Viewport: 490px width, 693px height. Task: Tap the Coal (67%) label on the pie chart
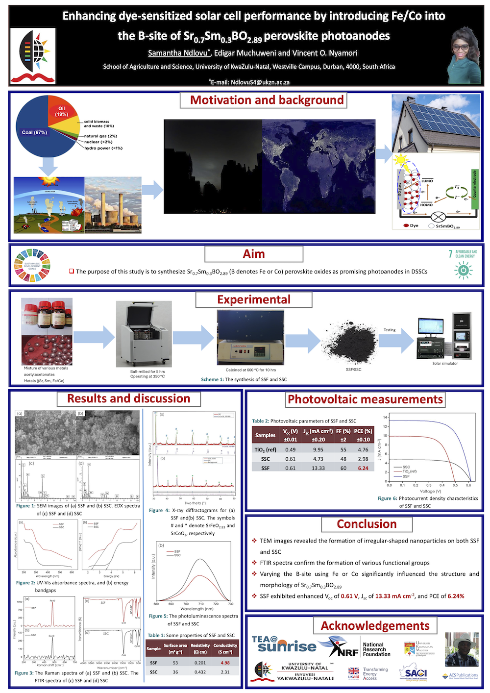(x=34, y=132)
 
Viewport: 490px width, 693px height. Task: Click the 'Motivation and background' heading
(x=267, y=100)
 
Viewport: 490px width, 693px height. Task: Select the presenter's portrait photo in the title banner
(x=464, y=55)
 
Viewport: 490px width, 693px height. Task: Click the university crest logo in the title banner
(x=33, y=55)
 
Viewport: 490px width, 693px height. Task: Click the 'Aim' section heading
(x=254, y=254)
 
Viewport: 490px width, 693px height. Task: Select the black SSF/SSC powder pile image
(x=352, y=346)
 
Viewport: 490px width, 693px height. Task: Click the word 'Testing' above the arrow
(x=390, y=330)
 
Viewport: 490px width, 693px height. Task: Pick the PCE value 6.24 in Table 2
(x=363, y=468)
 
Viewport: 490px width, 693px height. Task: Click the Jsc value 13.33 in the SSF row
(x=318, y=468)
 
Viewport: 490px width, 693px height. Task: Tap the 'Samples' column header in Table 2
(x=265, y=435)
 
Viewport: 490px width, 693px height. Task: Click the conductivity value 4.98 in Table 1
(x=225, y=663)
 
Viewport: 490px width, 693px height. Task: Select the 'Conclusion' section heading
(x=367, y=524)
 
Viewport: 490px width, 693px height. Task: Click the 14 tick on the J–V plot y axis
(x=386, y=418)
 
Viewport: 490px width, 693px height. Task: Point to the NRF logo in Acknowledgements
(x=343, y=646)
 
